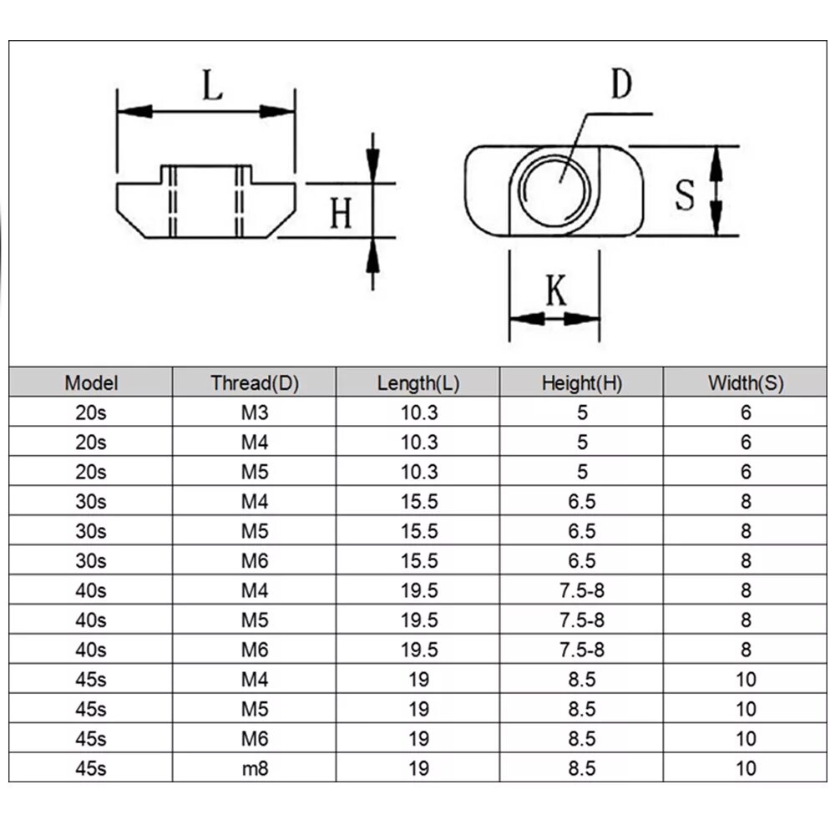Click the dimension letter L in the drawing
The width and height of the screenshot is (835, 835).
coord(214,85)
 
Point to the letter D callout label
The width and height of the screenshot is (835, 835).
coord(620,84)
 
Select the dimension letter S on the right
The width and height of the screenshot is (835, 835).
coord(685,195)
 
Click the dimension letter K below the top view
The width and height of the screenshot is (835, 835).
coord(555,291)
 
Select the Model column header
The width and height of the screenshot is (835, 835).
coord(92,383)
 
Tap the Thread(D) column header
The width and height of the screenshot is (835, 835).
coord(255,383)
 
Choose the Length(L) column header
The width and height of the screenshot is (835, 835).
coord(418,383)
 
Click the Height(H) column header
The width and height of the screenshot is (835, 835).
coord(582,383)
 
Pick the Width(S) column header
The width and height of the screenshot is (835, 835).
coord(746,383)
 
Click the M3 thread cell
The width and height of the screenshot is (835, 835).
coord(255,412)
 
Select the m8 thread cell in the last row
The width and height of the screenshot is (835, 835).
coord(255,768)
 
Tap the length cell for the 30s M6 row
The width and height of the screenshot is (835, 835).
coord(418,561)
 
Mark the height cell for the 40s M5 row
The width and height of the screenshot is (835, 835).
coord(582,620)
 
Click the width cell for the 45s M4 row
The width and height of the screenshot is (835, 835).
coord(746,680)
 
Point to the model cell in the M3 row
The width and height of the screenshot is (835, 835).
coord(92,412)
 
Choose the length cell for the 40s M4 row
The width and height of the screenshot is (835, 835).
coord(418,591)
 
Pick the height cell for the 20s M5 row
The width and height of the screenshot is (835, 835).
coord(582,472)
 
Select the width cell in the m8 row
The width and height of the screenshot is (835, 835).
coord(746,768)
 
